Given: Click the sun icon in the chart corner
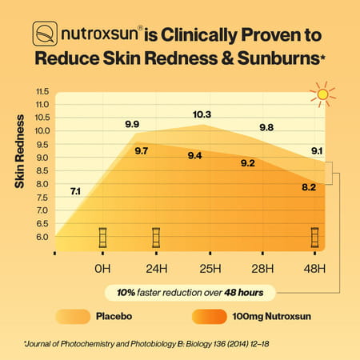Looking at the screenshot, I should pyautogui.click(x=322, y=94).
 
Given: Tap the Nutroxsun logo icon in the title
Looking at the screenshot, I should pyautogui.click(x=45, y=35).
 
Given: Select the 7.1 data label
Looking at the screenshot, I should pyautogui.click(x=75, y=190).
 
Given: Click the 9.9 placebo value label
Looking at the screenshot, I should pyautogui.click(x=133, y=124).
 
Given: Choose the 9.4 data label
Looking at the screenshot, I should pyautogui.click(x=194, y=155).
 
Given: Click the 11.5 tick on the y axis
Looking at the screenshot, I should pyautogui.click(x=42, y=91).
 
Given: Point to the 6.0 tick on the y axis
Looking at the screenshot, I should pyautogui.click(x=42, y=238).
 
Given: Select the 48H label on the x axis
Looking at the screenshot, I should pyautogui.click(x=315, y=267).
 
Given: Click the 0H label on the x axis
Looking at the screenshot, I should pyautogui.click(x=102, y=267).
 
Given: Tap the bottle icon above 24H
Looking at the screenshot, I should pyautogui.click(x=157, y=238).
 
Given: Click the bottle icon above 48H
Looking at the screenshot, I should pyautogui.click(x=316, y=238).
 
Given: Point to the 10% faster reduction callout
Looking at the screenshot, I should pyautogui.click(x=190, y=292).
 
